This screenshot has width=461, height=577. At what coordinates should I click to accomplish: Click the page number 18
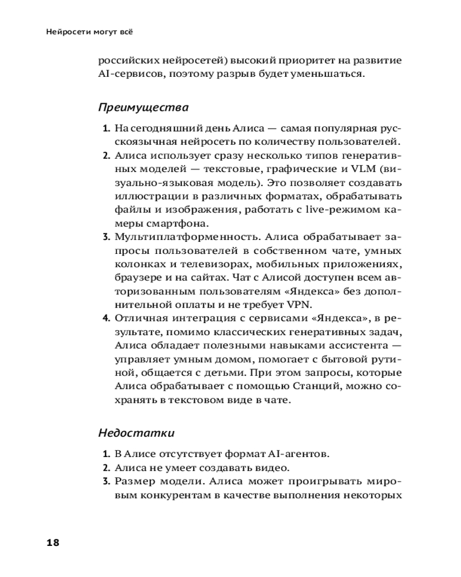(x=52, y=542)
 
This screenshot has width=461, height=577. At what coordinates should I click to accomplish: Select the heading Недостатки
(x=136, y=432)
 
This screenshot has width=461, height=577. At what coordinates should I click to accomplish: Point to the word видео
(x=274, y=467)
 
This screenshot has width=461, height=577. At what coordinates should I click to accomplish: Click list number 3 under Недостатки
(x=106, y=481)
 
